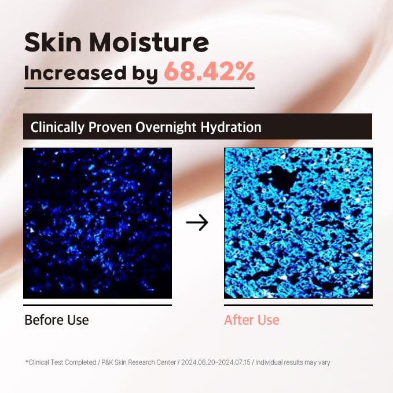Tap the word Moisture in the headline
click(x=149, y=43)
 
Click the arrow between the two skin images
click(x=197, y=223)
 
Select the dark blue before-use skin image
click(x=97, y=223)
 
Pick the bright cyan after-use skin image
click(x=298, y=223)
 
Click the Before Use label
click(x=57, y=319)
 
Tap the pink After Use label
click(x=252, y=319)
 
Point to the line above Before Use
click(x=97, y=305)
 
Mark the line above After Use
click(x=298, y=305)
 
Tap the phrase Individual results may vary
click(x=293, y=362)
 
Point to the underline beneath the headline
click(x=139, y=88)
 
